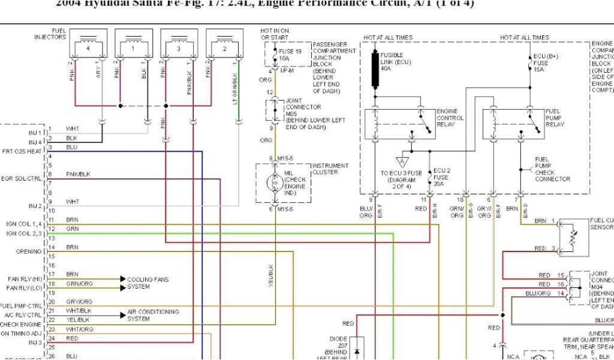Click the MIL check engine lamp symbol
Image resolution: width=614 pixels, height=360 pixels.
[275, 184]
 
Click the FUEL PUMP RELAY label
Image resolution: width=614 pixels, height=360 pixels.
[555, 118]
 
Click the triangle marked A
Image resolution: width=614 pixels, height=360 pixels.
[400, 160]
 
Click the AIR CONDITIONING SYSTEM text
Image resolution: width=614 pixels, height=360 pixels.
[153, 315]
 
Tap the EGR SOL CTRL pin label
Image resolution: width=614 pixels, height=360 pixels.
[22, 178]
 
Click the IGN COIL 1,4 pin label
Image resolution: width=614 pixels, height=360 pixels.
[25, 224]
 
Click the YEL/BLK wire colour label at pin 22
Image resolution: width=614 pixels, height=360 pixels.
[77, 320]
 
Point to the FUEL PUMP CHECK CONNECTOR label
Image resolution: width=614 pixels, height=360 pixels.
[552, 169]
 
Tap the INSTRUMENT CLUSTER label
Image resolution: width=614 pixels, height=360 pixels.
[331, 169]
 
